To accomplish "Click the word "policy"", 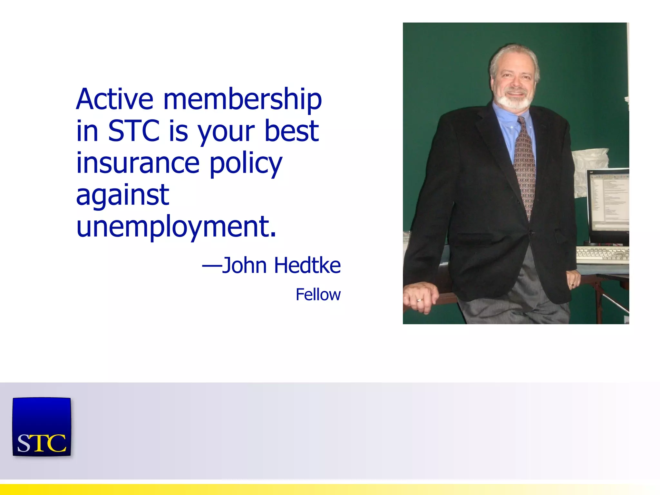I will [246, 164].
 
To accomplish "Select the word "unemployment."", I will [176, 227].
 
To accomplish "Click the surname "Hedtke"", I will [308, 266].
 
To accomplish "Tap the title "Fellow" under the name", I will [318, 295].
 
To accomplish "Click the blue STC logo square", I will [42, 427].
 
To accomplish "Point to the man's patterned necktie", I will [524, 168].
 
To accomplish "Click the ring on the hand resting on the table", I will [419, 300].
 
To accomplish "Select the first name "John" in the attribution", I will [244, 266].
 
